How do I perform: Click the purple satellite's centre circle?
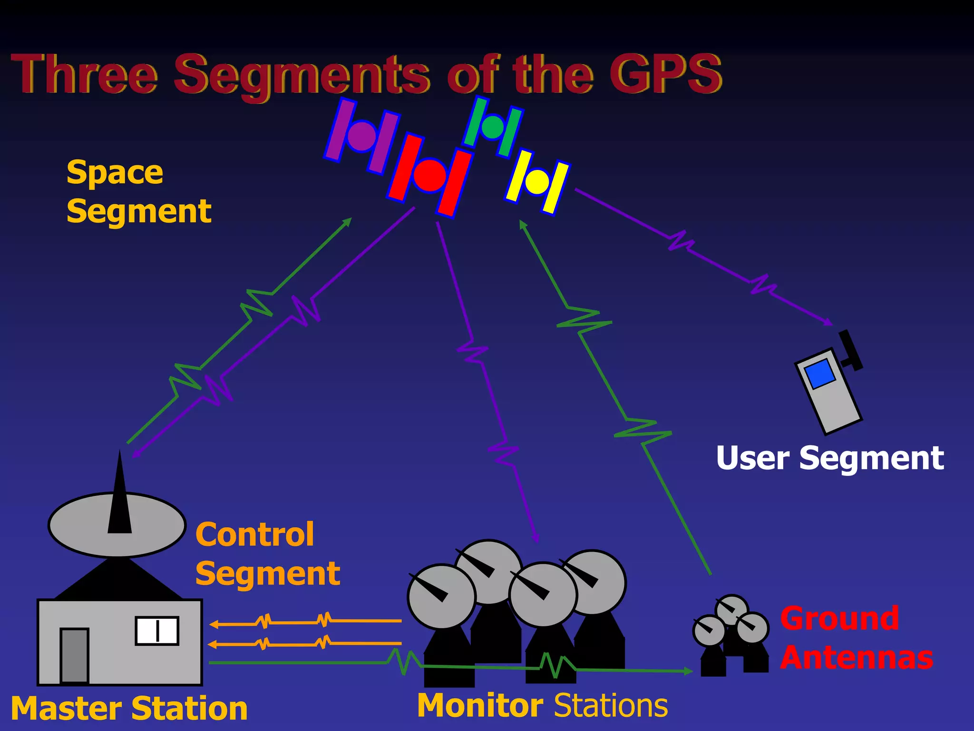(362, 136)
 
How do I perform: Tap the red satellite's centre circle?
(429, 175)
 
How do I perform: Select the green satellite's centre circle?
(493, 126)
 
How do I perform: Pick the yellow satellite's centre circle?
(537, 181)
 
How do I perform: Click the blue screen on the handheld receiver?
(819, 373)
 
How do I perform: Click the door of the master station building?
(74, 655)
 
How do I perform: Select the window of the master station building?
(157, 631)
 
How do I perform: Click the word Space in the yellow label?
(115, 173)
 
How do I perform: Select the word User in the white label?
(752, 458)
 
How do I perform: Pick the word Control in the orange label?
(254, 534)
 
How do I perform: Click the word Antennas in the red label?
(857, 658)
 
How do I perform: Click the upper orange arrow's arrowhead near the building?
(214, 624)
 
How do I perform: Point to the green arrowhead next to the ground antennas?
(688, 671)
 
